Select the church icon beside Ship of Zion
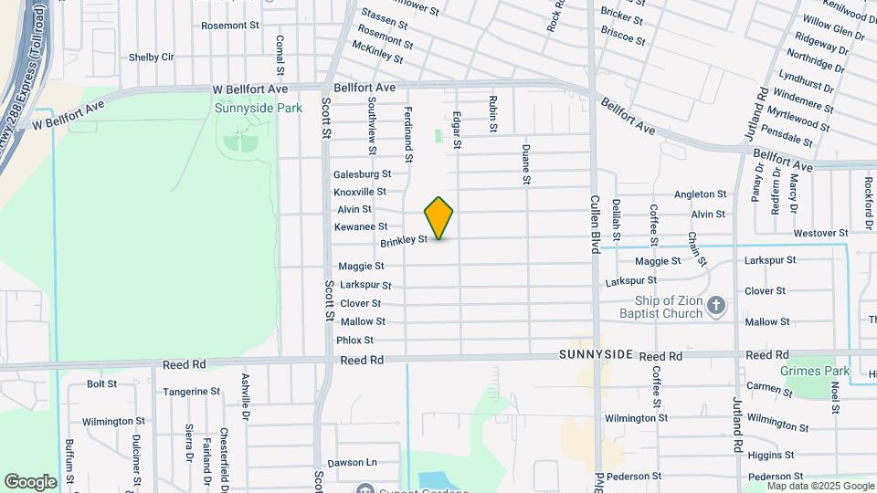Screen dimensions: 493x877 pyautogui.click(x=716, y=306)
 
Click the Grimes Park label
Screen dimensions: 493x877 pyautogui.click(x=815, y=371)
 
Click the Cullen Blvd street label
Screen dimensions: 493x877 pyautogui.click(x=594, y=225)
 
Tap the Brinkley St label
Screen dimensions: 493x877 pyautogui.click(x=404, y=241)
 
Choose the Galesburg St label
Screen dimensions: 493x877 pyautogui.click(x=362, y=174)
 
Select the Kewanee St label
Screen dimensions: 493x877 pyautogui.click(x=361, y=226)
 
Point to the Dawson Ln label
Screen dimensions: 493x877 pyautogui.click(x=353, y=463)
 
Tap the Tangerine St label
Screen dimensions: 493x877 pyautogui.click(x=191, y=392)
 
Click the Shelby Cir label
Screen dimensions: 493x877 pyautogui.click(x=151, y=57)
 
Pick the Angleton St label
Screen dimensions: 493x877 pyautogui.click(x=700, y=194)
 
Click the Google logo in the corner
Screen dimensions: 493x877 pyautogui.click(x=30, y=481)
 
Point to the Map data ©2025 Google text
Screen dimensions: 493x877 pyautogui.click(x=820, y=487)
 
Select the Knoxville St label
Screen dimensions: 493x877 pyautogui.click(x=359, y=192)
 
